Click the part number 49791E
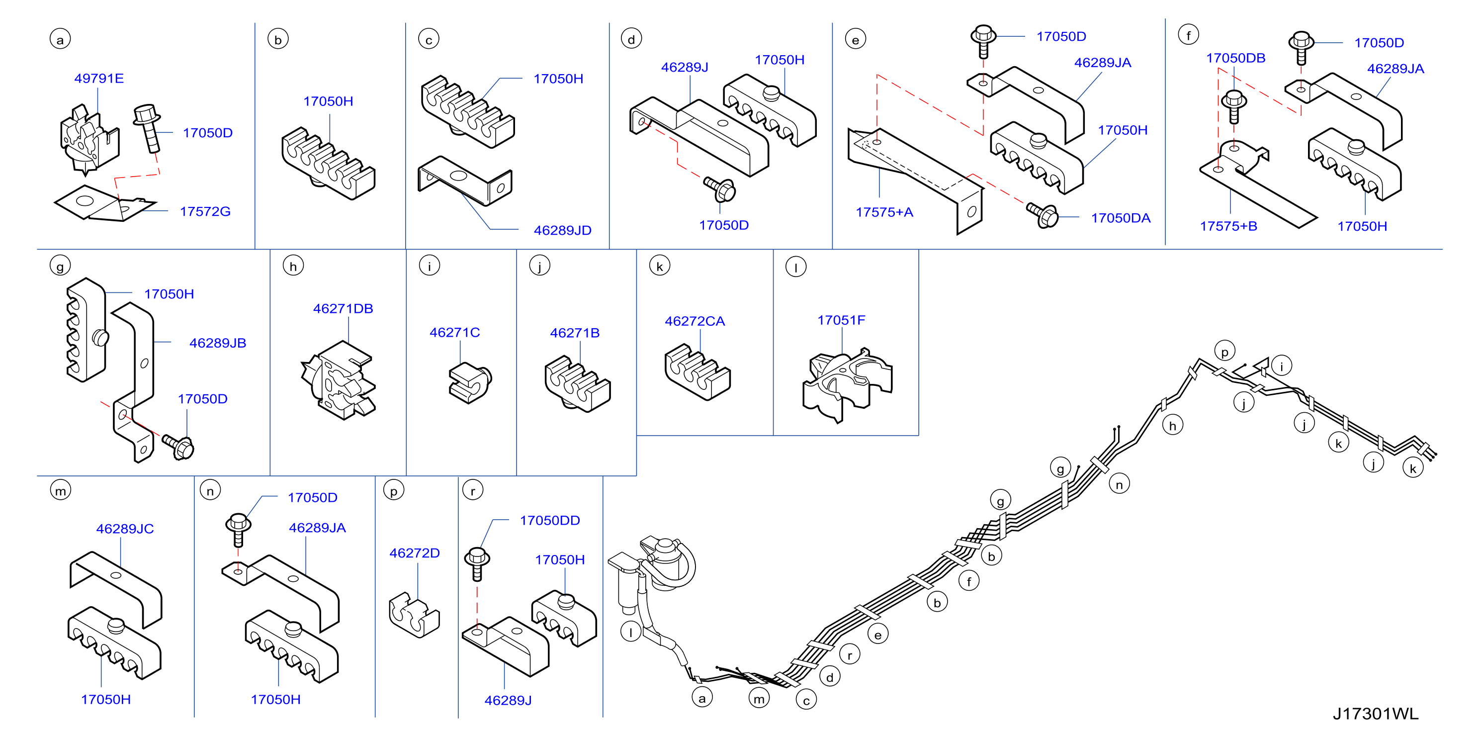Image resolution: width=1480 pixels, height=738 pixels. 99,78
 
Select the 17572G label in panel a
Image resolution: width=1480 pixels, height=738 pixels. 205,211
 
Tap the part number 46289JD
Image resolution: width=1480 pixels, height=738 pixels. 562,230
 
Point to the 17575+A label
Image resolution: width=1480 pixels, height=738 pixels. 884,212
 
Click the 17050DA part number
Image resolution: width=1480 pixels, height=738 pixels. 1121,218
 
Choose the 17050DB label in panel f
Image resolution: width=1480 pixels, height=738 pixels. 1235,58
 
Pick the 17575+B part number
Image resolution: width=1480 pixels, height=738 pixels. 1228,226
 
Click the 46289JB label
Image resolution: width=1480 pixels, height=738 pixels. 218,343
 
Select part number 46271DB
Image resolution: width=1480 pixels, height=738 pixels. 343,309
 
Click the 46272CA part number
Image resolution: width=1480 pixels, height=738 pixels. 695,321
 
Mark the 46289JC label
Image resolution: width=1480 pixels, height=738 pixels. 125,529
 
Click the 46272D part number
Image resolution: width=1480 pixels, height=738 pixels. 414,553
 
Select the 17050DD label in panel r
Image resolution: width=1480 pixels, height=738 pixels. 550,520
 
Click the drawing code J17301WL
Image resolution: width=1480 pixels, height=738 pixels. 1376,714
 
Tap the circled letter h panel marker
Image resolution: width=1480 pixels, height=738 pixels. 293,266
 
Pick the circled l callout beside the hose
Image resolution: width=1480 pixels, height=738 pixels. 631,632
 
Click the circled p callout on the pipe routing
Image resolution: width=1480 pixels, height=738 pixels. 1224,351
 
